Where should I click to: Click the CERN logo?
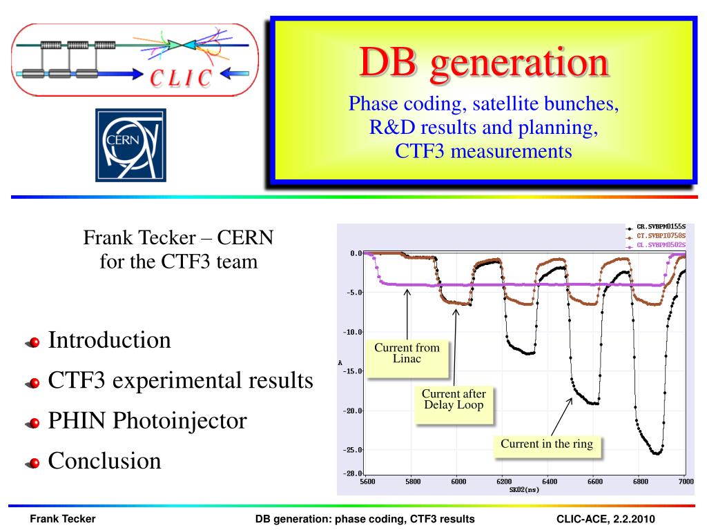point(130,145)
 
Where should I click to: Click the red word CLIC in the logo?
point(181,78)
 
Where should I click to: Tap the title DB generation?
point(484,62)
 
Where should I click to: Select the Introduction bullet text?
point(110,340)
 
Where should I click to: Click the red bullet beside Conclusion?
point(33,463)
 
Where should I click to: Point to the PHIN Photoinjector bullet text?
point(148,420)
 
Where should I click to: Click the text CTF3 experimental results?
point(180,380)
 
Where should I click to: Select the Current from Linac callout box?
point(407,358)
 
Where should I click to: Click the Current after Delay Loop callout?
point(454,404)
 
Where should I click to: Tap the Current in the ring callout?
point(547,446)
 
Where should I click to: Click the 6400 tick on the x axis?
point(549,481)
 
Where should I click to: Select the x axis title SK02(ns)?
point(525,489)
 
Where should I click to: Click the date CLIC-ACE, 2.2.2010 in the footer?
point(606,519)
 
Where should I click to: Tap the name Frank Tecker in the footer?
point(63,519)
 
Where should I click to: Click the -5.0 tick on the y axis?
point(354,293)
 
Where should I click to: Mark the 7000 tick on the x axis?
point(686,481)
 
